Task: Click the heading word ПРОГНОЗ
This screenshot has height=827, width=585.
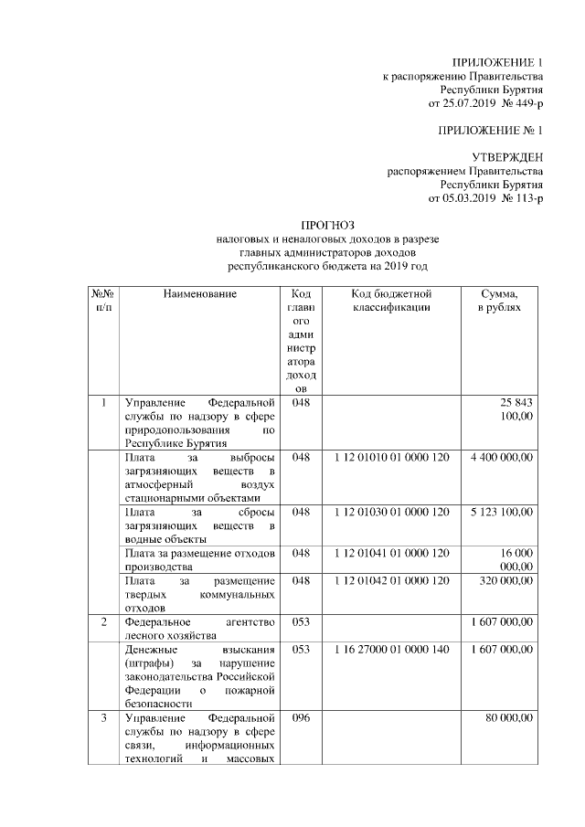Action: (326, 225)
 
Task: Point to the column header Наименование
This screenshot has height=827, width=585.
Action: (200, 294)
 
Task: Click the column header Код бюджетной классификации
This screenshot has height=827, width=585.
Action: (391, 302)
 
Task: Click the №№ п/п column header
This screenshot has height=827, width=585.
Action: (102, 302)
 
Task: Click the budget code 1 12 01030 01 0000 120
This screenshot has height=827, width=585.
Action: (391, 513)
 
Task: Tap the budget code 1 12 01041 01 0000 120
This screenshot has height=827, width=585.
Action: (391, 554)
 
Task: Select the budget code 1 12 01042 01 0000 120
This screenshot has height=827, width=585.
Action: (391, 581)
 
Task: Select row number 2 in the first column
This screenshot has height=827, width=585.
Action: (104, 622)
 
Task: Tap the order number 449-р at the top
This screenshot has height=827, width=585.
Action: (526, 105)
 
